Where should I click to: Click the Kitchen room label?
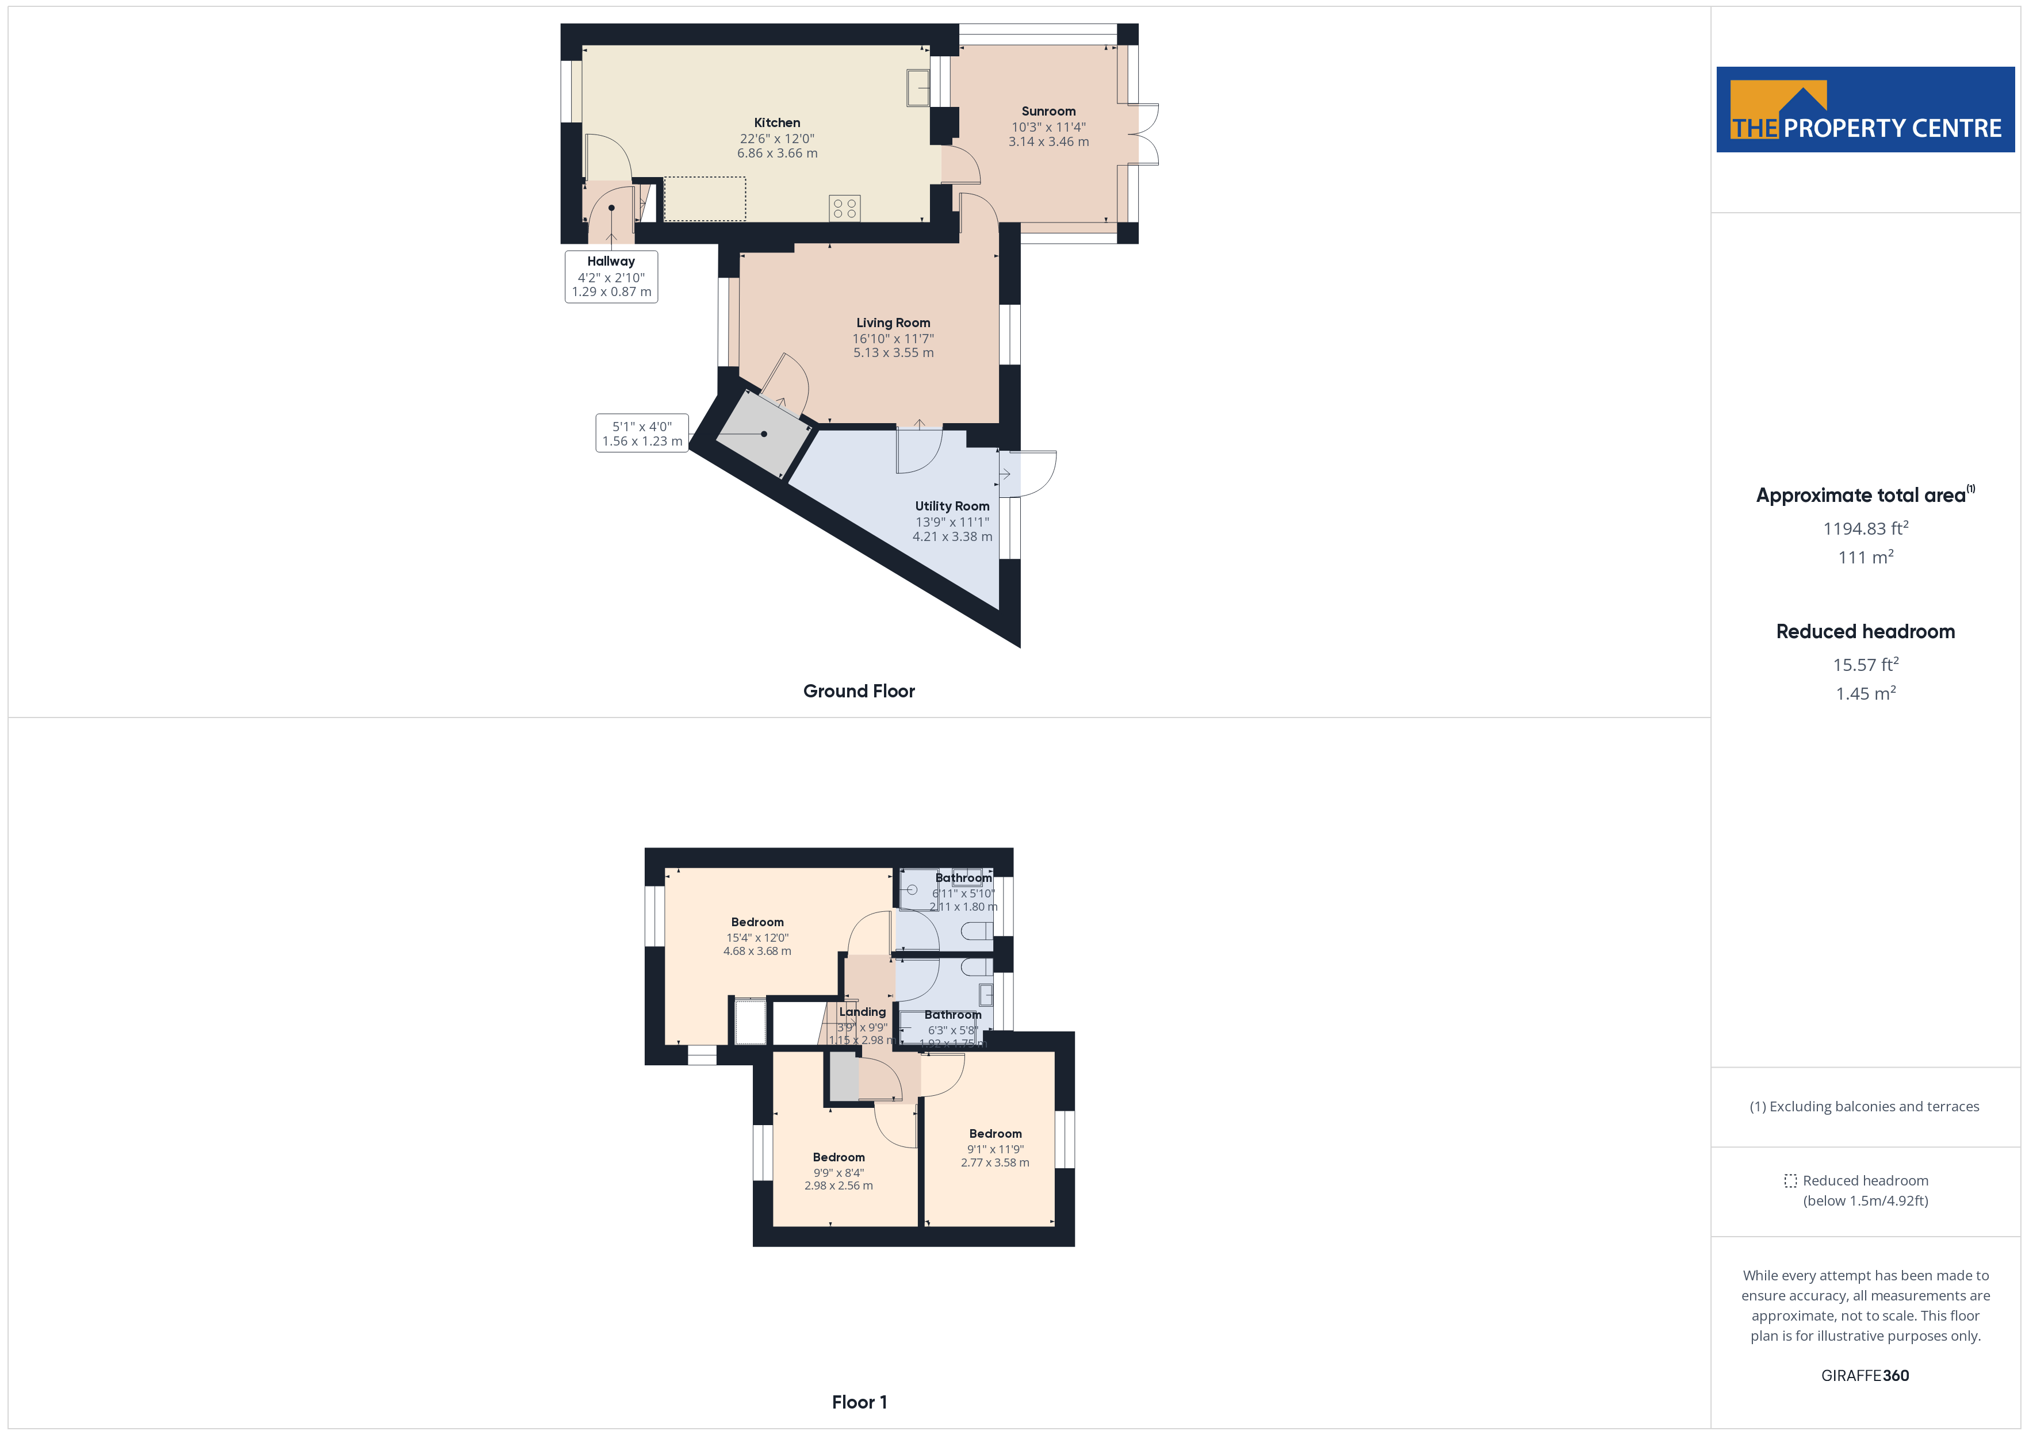coord(777,123)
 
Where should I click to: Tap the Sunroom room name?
coord(1048,112)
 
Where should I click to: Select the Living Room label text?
coord(893,323)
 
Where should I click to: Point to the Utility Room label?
coord(952,507)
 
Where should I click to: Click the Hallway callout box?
coord(611,277)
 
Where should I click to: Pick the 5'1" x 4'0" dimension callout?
coord(642,434)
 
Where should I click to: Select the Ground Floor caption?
coord(858,691)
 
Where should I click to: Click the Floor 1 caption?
coord(858,1402)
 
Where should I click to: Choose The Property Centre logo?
coord(1865,110)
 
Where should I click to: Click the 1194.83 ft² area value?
coord(1865,528)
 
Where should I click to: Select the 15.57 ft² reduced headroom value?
coord(1865,665)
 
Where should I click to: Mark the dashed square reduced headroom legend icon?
coord(1790,1180)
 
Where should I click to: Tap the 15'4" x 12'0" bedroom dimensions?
coord(757,938)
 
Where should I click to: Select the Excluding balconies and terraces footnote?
coord(1864,1106)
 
